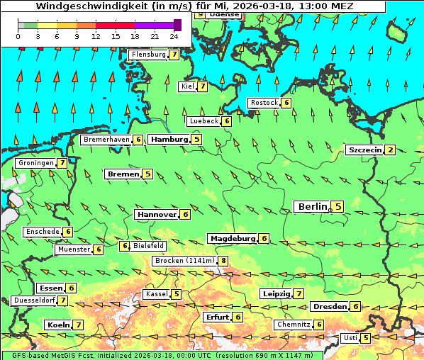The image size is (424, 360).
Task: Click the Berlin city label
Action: point(312,206)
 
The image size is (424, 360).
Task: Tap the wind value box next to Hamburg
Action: point(196,140)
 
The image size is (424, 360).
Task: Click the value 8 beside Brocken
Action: point(223,261)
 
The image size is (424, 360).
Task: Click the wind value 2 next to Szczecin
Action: point(390,150)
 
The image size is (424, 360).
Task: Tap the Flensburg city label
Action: point(148,55)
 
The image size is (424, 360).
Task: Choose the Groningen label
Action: point(35,163)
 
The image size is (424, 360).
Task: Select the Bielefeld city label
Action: point(148,246)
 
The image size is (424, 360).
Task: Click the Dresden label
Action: point(330,307)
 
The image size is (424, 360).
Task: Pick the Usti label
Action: point(350,338)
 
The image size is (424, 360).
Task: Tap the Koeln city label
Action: point(57,325)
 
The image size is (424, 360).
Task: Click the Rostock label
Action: point(264,103)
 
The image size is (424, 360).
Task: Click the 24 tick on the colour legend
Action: point(174,36)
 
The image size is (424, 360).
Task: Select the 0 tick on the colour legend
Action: point(18,36)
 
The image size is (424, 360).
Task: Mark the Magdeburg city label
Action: point(232,239)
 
